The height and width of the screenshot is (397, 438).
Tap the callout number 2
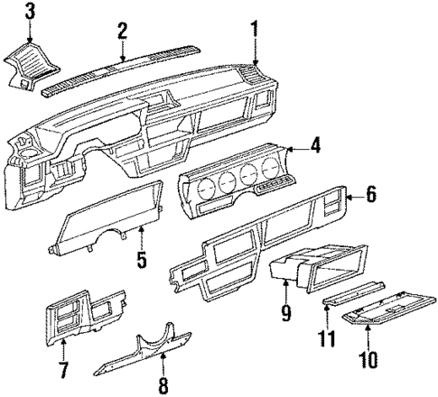pyautogui.click(x=122, y=31)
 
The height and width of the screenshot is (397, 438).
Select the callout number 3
pyautogui.click(x=30, y=12)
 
